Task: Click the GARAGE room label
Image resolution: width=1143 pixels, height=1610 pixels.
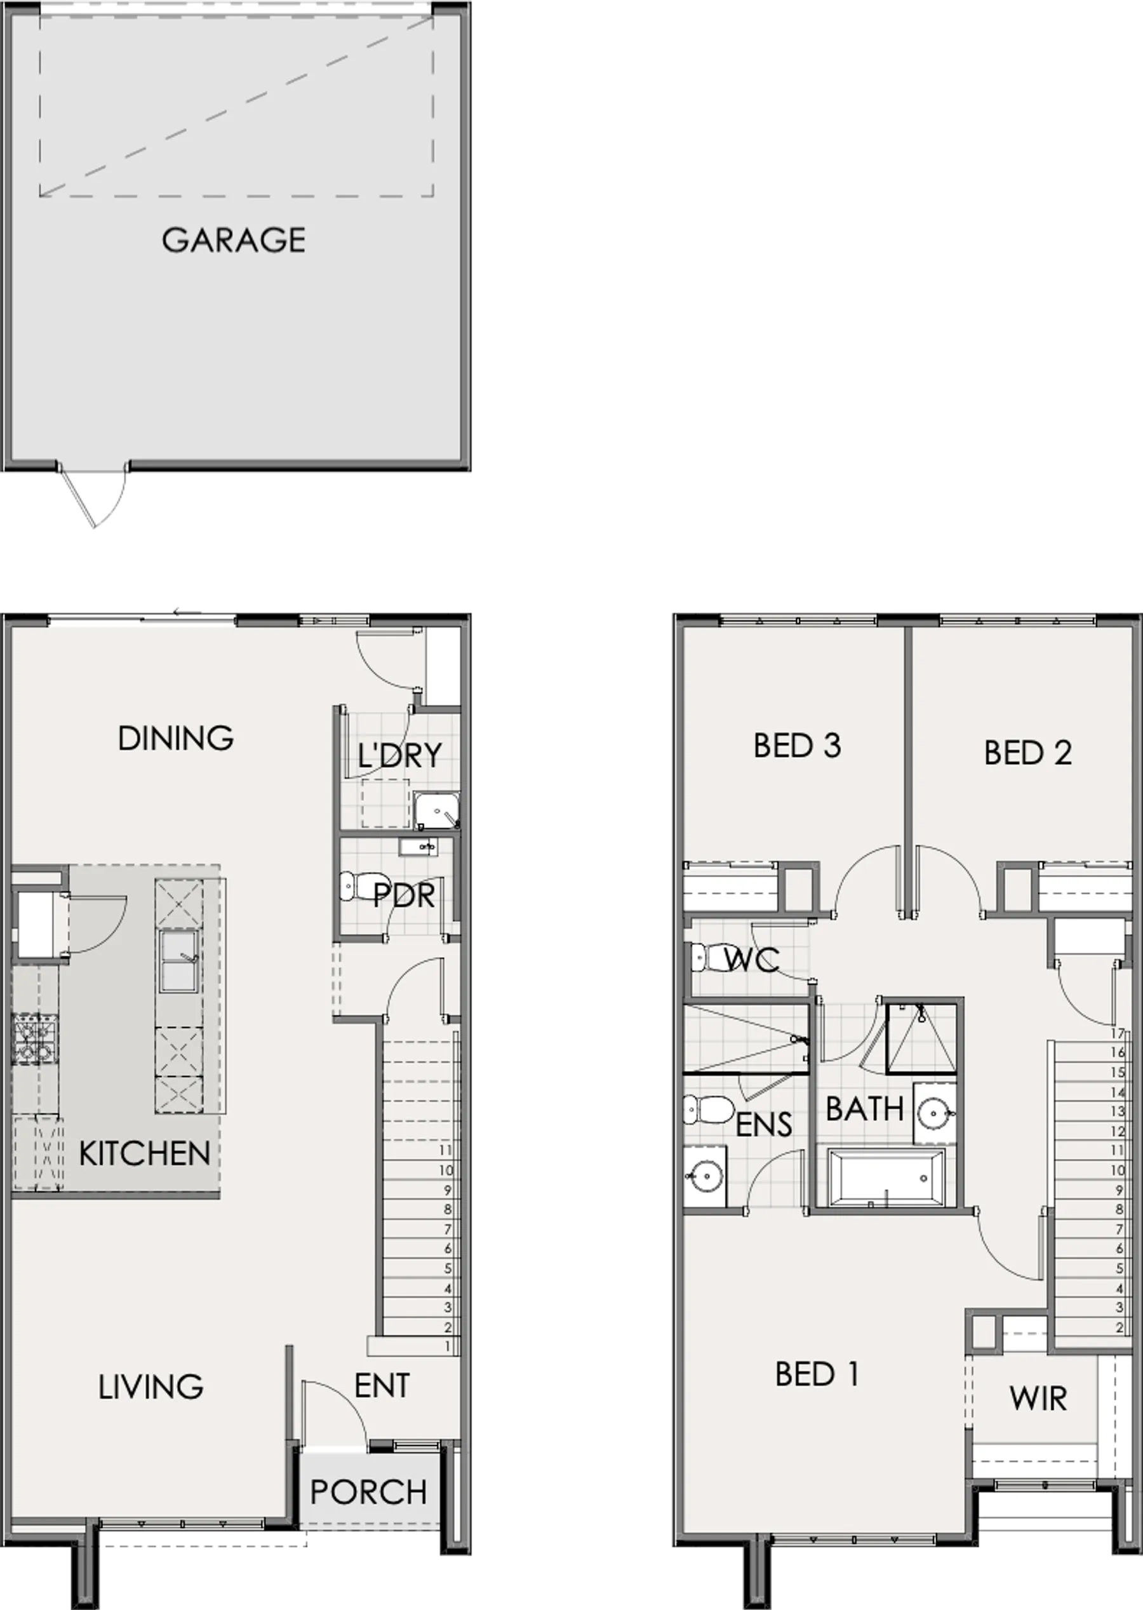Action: (x=234, y=240)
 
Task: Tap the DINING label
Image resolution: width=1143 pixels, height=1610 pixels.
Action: (x=176, y=739)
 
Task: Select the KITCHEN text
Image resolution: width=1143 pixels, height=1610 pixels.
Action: (x=145, y=1154)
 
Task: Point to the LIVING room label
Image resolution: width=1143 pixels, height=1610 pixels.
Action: (x=150, y=1387)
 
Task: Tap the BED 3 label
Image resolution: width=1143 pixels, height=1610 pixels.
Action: (x=798, y=746)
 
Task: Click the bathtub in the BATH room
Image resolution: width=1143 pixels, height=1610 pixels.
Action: (x=886, y=1177)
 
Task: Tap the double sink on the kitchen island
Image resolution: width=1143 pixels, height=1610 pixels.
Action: (x=180, y=961)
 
